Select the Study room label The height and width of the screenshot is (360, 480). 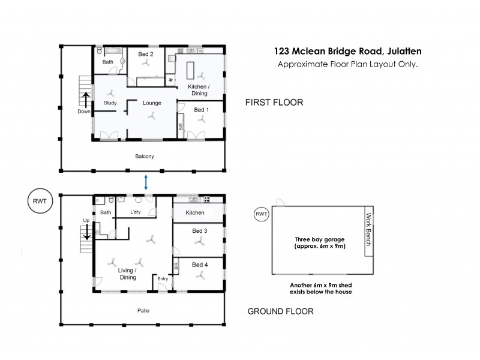click(x=110, y=103)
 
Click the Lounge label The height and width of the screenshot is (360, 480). click(x=152, y=103)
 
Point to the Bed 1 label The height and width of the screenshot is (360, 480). click(x=202, y=110)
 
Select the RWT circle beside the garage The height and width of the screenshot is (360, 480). click(x=261, y=214)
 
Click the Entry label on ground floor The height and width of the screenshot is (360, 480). click(x=163, y=278)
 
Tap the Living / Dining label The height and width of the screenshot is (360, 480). click(x=127, y=274)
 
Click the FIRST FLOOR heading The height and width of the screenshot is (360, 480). click(x=274, y=103)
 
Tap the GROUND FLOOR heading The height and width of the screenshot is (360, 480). click(x=280, y=311)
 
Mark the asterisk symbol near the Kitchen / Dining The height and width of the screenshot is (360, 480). click(x=170, y=80)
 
